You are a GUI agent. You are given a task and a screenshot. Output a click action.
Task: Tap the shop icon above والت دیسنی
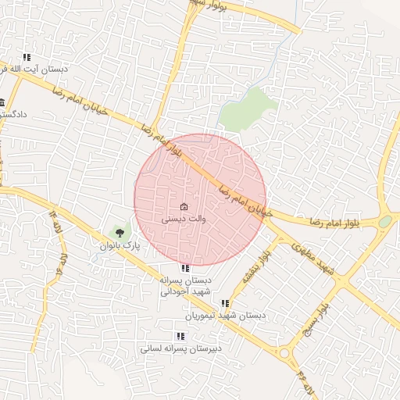184,207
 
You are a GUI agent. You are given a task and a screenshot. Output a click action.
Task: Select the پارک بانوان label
119,245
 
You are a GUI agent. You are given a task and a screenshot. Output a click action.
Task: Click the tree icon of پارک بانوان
120,231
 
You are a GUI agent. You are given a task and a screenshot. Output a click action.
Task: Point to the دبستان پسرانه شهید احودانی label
186,286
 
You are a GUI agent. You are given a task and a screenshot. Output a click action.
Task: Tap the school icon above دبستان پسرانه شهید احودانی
184,268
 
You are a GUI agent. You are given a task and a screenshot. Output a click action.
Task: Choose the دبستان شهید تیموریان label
226,316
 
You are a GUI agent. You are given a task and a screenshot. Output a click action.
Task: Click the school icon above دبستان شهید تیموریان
226,303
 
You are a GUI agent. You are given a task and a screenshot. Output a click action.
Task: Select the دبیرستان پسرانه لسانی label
180,348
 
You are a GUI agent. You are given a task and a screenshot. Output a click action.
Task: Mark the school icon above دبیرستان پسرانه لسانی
180,336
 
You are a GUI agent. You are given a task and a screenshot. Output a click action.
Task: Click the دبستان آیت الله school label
38,70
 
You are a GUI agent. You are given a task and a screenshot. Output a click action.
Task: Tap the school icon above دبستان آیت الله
27,57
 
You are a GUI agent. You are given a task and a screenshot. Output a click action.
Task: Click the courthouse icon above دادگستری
2,102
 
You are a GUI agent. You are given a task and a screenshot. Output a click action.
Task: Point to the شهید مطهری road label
312,256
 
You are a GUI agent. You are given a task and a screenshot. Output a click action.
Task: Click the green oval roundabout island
384,222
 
